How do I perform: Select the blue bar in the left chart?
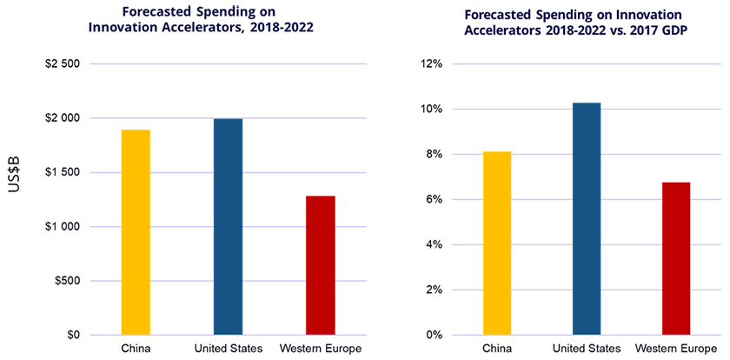[x=229, y=226]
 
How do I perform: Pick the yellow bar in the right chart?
[x=496, y=243]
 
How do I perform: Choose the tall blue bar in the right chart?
[x=587, y=217]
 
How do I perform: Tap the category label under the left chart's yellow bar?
[x=136, y=345]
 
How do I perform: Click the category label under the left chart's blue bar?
[x=229, y=345]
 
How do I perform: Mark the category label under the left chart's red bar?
[x=321, y=345]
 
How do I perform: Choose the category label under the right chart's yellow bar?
[x=496, y=345]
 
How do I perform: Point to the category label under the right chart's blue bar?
[x=587, y=345]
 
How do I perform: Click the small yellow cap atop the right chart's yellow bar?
[x=496, y=140]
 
